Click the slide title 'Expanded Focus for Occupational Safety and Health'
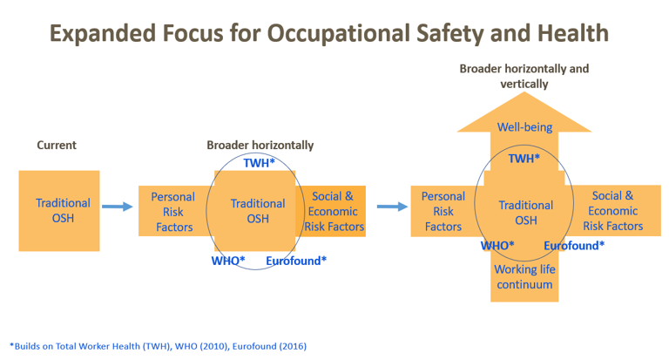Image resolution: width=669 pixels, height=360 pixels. coord(328,33)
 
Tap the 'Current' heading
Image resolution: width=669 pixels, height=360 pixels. coord(57,146)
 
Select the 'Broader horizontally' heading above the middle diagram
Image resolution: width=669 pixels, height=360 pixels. coord(260,146)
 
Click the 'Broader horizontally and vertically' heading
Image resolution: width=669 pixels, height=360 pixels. coord(524,77)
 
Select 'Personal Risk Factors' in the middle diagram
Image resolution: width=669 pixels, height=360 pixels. coord(172,211)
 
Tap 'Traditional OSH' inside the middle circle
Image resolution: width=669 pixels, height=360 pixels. coord(258,211)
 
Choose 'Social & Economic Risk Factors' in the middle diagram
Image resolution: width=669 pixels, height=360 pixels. coord(334,211)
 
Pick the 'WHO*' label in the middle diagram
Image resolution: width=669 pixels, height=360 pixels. coord(228,261)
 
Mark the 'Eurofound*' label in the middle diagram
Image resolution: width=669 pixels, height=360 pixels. coord(296,261)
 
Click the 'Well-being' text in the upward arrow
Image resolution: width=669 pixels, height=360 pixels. coord(524,127)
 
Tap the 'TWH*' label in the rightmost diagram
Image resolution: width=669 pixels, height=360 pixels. coord(524,159)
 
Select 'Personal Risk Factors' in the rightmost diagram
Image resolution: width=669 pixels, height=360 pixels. coord(443,211)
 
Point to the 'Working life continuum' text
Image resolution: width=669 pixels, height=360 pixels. coord(524,276)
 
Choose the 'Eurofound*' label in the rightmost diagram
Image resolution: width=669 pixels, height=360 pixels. coord(574,246)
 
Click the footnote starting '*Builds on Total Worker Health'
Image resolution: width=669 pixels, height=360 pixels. coord(158,345)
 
